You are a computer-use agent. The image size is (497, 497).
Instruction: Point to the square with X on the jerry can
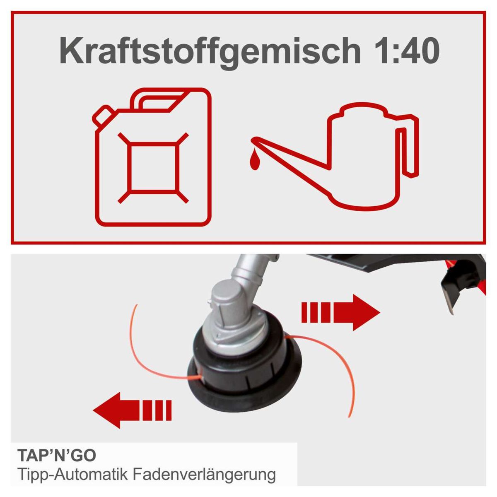pos(153,167)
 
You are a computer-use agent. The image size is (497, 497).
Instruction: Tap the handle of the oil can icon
pos(408,145)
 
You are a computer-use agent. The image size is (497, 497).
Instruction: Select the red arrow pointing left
pos(133,410)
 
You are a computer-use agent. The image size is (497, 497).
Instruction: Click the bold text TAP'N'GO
pos(57,455)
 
